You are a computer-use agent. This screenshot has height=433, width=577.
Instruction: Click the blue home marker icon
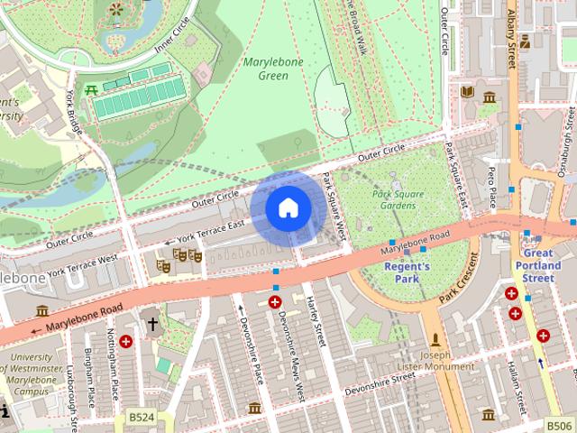[288, 208]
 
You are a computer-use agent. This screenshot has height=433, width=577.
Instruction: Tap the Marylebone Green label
[272, 69]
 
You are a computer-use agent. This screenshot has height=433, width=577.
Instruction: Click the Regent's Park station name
[407, 272]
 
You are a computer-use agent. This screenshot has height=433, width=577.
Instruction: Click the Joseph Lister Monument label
[437, 361]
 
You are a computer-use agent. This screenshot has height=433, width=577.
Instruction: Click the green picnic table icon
[91, 89]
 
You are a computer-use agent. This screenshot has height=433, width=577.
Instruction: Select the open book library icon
[467, 92]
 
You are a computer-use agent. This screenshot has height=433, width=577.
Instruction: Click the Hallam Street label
[517, 379]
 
